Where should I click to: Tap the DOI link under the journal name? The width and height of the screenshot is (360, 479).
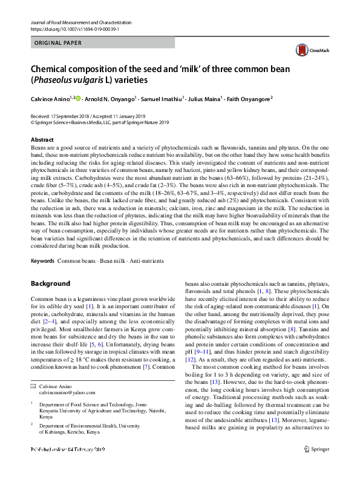[x=68, y=28]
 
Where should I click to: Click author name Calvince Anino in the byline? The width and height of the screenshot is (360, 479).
[x=51, y=98]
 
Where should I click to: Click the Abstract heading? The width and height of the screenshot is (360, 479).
[x=42, y=139]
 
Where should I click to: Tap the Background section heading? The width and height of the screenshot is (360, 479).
[x=50, y=283]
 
